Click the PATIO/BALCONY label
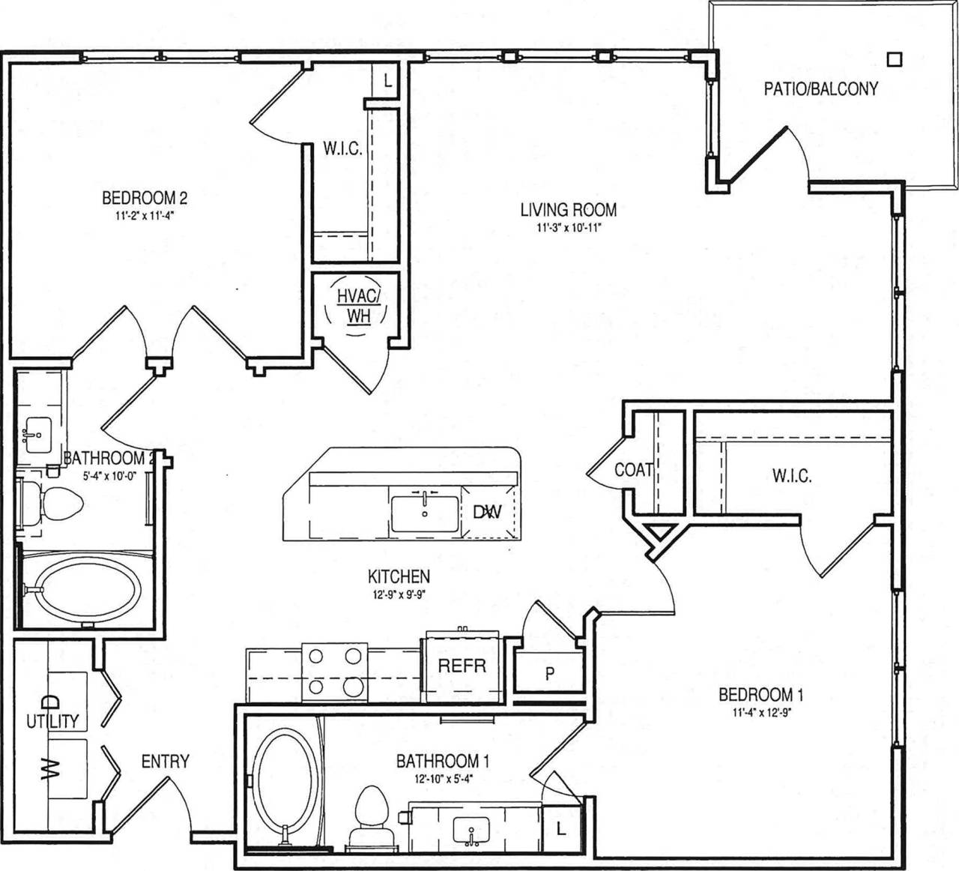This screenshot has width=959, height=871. [820, 89]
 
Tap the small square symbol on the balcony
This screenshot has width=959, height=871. [894, 58]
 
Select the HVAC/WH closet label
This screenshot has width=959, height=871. [359, 306]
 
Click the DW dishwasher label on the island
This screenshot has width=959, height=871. [487, 513]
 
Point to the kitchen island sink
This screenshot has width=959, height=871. [425, 513]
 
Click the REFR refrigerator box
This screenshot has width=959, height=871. [462, 666]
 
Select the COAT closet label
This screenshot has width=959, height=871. [634, 470]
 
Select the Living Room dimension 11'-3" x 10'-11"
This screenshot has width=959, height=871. [568, 229]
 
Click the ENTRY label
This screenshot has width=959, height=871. [165, 762]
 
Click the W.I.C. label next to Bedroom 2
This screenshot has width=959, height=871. [342, 149]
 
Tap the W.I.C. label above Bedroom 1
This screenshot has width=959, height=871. [791, 475]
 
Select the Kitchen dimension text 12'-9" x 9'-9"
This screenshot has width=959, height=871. [398, 595]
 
